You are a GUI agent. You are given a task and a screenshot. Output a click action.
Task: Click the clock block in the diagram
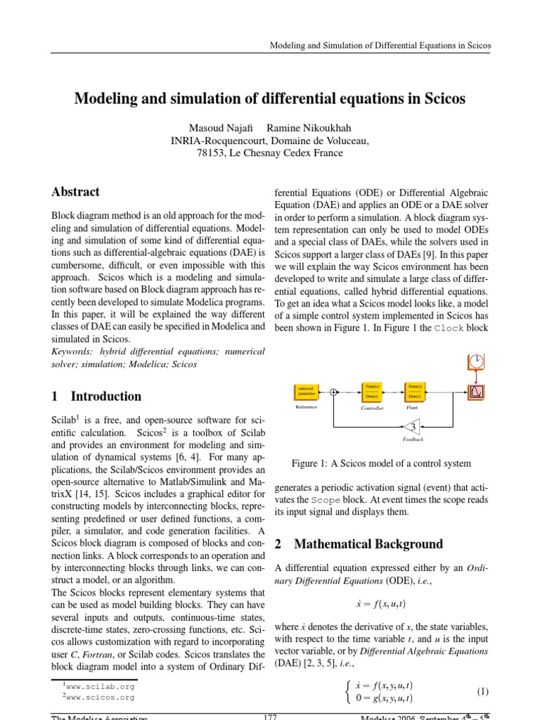[477, 361]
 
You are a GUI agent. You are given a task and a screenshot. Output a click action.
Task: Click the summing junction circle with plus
[333, 392]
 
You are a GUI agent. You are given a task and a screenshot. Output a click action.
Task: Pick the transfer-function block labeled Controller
[373, 390]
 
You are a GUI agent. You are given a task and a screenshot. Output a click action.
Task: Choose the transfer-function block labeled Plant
[414, 390]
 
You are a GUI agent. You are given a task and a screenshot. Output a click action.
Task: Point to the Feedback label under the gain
[413, 440]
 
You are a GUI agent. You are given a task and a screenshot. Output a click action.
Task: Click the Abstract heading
[75, 192]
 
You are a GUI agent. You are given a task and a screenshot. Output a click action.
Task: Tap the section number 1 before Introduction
[55, 396]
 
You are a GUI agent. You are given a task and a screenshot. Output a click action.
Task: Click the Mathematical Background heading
[368, 544]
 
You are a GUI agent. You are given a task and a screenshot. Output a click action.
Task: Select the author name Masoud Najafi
[214, 127]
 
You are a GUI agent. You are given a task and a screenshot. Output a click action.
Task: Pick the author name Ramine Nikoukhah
[304, 127]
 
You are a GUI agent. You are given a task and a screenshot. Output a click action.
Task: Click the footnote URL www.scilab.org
[100, 686]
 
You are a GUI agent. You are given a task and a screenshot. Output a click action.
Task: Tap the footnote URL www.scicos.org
[100, 697]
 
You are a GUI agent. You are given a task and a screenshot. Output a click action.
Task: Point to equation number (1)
[482, 692]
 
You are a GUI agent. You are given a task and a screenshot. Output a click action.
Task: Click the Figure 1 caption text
[381, 463]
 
